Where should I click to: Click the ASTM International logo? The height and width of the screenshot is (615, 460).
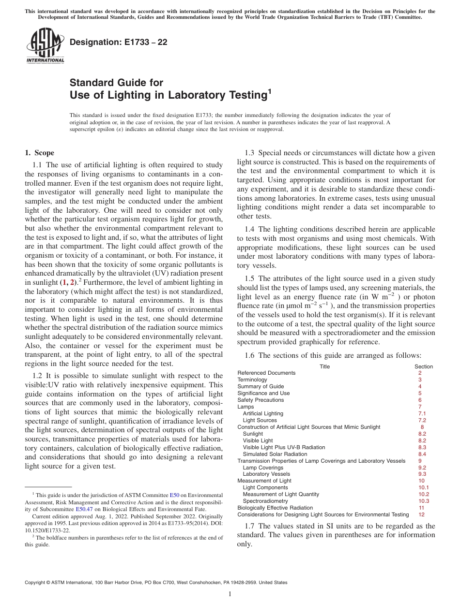tap(45, 46)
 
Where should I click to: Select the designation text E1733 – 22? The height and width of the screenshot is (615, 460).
tap(118, 42)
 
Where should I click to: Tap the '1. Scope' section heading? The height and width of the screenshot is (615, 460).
tap(40, 153)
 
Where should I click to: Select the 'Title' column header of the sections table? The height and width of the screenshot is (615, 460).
tap(324, 366)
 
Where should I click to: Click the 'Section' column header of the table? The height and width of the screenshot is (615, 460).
tap(424, 366)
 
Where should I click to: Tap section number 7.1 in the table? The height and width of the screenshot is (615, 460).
tap(422, 413)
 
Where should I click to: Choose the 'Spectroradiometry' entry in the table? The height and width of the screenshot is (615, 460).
tap(265, 501)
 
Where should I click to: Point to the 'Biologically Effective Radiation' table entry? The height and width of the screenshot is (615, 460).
tap(275, 508)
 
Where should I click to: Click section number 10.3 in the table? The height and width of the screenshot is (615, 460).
tap(424, 501)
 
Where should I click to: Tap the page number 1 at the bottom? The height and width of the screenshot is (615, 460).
tap(230, 594)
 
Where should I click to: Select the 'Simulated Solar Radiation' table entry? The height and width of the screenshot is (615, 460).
tap(275, 454)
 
